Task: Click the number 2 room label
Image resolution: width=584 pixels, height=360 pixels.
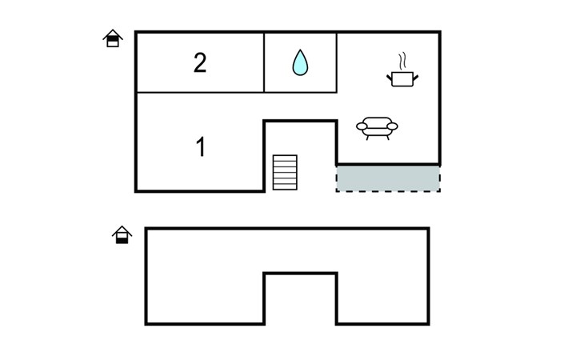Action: [x=200, y=63]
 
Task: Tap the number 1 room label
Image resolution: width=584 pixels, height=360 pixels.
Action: [x=201, y=146]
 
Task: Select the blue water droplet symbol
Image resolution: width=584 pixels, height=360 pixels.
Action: [x=300, y=62]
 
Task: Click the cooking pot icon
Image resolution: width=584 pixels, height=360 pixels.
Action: [x=402, y=78]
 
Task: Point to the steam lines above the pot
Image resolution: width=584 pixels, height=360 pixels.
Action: [x=402, y=62]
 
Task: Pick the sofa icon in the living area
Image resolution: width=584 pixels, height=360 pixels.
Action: [x=377, y=129]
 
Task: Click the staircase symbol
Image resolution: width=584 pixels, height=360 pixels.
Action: [x=285, y=172]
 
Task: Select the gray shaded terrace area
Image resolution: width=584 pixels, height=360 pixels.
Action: [x=388, y=178]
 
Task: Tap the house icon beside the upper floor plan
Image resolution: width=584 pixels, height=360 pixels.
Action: [x=113, y=38]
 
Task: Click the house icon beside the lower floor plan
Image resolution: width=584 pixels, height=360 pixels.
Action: [x=122, y=235]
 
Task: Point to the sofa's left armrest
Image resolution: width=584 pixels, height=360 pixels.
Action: [x=362, y=126]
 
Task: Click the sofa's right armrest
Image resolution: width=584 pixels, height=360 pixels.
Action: [x=393, y=126]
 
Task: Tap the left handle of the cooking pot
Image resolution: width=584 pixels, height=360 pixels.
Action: [x=390, y=78]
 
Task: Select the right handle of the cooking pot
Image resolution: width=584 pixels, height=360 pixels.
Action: [x=416, y=78]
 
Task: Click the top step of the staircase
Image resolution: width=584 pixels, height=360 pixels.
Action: [x=285, y=158]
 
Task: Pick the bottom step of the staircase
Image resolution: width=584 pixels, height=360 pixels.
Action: [x=285, y=187]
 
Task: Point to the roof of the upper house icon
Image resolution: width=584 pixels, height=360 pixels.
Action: [x=113, y=34]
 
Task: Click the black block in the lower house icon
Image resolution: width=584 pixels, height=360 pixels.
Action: [x=122, y=240]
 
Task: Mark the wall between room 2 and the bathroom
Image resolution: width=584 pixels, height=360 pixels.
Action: [x=264, y=62]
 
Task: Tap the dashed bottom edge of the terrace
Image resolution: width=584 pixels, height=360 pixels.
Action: [x=388, y=191]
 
